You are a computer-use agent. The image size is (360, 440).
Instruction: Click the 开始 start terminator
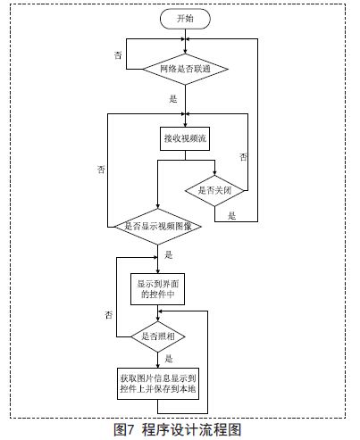click(x=185, y=19)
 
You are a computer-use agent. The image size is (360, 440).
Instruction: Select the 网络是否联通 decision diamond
click(x=185, y=69)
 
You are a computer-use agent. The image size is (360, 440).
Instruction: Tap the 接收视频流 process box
click(x=185, y=138)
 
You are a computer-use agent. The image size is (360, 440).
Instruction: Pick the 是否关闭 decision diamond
click(x=214, y=190)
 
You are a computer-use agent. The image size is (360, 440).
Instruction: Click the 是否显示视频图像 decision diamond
click(x=158, y=227)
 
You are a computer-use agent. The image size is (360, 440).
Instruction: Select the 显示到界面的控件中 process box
click(x=157, y=289)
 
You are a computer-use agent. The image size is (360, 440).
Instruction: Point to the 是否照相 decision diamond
click(x=158, y=336)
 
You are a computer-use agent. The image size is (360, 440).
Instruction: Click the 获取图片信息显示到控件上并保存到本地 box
click(x=158, y=384)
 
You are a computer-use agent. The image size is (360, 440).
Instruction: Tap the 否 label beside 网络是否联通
click(x=118, y=55)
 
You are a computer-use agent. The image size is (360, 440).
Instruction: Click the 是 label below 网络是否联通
click(x=173, y=99)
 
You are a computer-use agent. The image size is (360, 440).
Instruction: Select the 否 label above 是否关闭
click(x=243, y=157)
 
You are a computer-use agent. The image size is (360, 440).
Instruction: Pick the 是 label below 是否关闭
click(x=232, y=216)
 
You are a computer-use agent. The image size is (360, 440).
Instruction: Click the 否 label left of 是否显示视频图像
click(x=101, y=170)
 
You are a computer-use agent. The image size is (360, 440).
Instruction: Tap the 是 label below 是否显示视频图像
click(x=169, y=255)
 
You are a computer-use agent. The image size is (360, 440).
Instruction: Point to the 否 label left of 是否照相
click(x=109, y=315)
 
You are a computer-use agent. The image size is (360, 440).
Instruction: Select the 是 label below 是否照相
click(x=169, y=359)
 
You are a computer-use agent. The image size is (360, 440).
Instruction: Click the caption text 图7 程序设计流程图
click(x=178, y=430)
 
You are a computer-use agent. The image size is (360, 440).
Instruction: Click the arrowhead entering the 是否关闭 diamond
click(x=214, y=173)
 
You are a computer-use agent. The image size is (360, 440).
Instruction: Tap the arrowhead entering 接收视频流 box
click(x=185, y=125)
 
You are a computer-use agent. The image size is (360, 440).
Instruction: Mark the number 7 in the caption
click(x=130, y=430)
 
